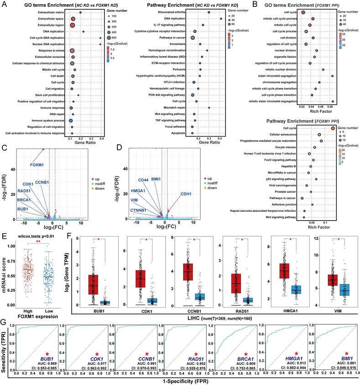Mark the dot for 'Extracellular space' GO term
pyautogui.click(x=72, y=19)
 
